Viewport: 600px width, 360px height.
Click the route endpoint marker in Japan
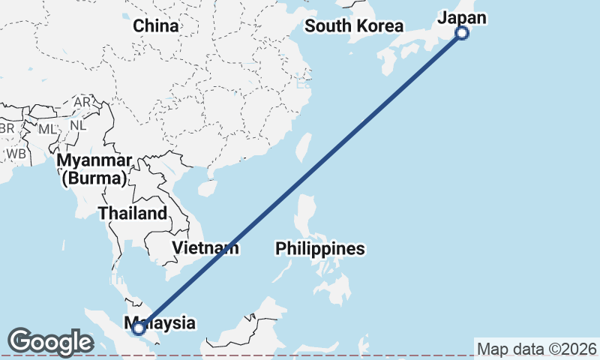pyautogui.click(x=462, y=32)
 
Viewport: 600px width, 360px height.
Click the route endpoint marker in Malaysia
pyautogui.click(x=138, y=328)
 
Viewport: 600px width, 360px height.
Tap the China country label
pyautogui.click(x=156, y=26)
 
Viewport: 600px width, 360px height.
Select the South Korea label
pyautogui.click(x=354, y=26)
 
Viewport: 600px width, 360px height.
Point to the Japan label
pyautogui.click(x=462, y=18)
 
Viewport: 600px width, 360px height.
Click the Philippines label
pyautogui.click(x=319, y=248)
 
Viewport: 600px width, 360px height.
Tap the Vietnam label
pyautogui.click(x=205, y=247)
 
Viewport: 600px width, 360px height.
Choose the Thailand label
pyautogui.click(x=133, y=213)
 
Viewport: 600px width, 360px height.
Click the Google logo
pyautogui.click(x=50, y=342)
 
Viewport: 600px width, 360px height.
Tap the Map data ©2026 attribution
pyautogui.click(x=536, y=349)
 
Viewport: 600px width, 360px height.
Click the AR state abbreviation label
pyautogui.click(x=82, y=102)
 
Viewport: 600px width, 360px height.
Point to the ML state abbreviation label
pyautogui.click(x=47, y=129)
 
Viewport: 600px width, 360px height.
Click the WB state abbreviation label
pyautogui.click(x=16, y=154)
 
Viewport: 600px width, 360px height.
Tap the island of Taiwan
pyautogui.click(x=304, y=147)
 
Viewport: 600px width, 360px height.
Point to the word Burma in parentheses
pyautogui.click(x=94, y=178)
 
